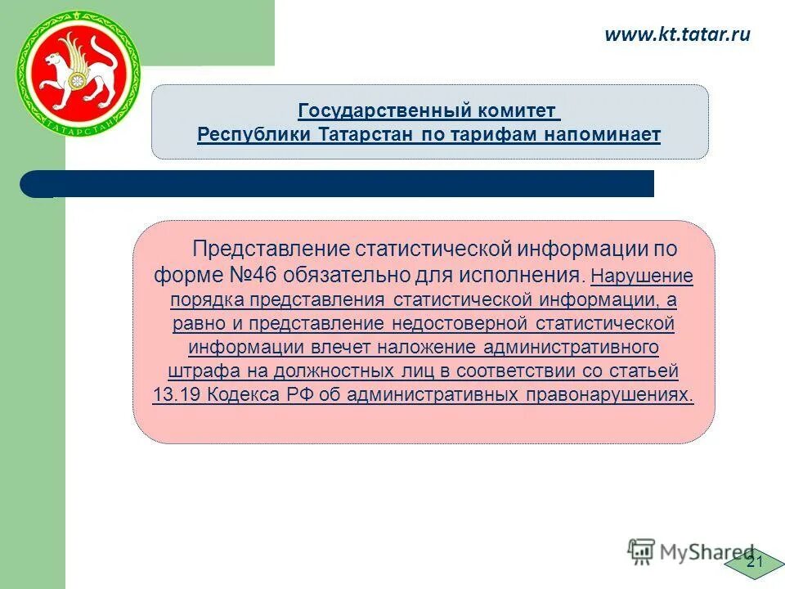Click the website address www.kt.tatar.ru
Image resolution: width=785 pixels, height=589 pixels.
point(676,34)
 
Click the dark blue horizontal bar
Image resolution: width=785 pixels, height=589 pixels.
point(343,184)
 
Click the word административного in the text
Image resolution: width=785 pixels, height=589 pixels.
point(571,347)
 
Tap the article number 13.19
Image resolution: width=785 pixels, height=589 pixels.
point(177,395)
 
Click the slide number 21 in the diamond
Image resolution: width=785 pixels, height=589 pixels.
point(754,561)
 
